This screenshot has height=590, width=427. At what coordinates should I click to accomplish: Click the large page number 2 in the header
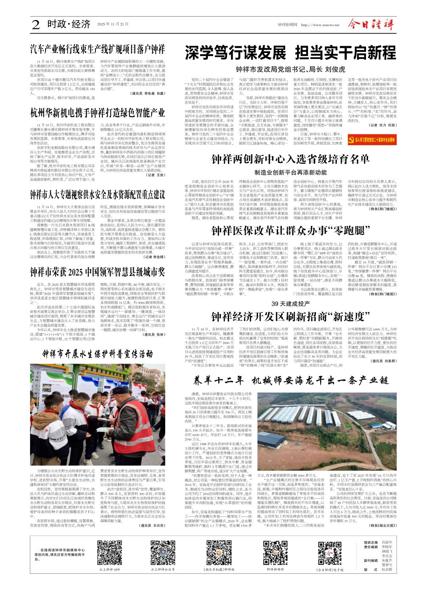(x=36, y=25)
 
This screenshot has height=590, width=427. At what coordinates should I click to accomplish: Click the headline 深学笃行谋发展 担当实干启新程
(x=290, y=53)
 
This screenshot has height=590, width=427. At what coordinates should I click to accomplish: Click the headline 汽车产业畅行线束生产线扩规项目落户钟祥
(x=97, y=49)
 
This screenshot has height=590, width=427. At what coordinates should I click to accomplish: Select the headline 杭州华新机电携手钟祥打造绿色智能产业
(x=97, y=113)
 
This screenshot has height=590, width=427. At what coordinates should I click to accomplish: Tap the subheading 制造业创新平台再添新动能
(x=290, y=172)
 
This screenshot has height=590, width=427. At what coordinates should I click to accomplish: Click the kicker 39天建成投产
(x=290, y=304)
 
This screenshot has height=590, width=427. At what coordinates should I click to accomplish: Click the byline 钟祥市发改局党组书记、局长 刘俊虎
(x=290, y=69)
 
